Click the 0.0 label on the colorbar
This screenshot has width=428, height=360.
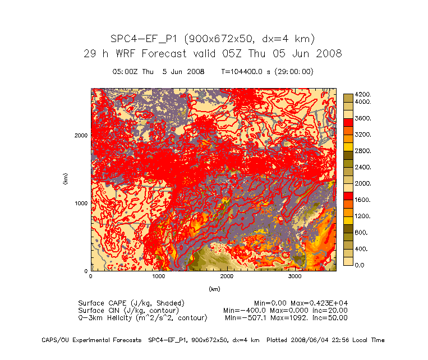(x=360, y=265)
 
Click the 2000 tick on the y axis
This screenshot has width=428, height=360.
(x=82, y=135)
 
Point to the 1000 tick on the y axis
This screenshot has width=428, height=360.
(x=82, y=203)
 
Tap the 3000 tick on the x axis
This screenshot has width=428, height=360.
(x=294, y=276)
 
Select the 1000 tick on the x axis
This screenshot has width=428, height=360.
(x=159, y=276)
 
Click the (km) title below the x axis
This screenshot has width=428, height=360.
(x=214, y=289)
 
